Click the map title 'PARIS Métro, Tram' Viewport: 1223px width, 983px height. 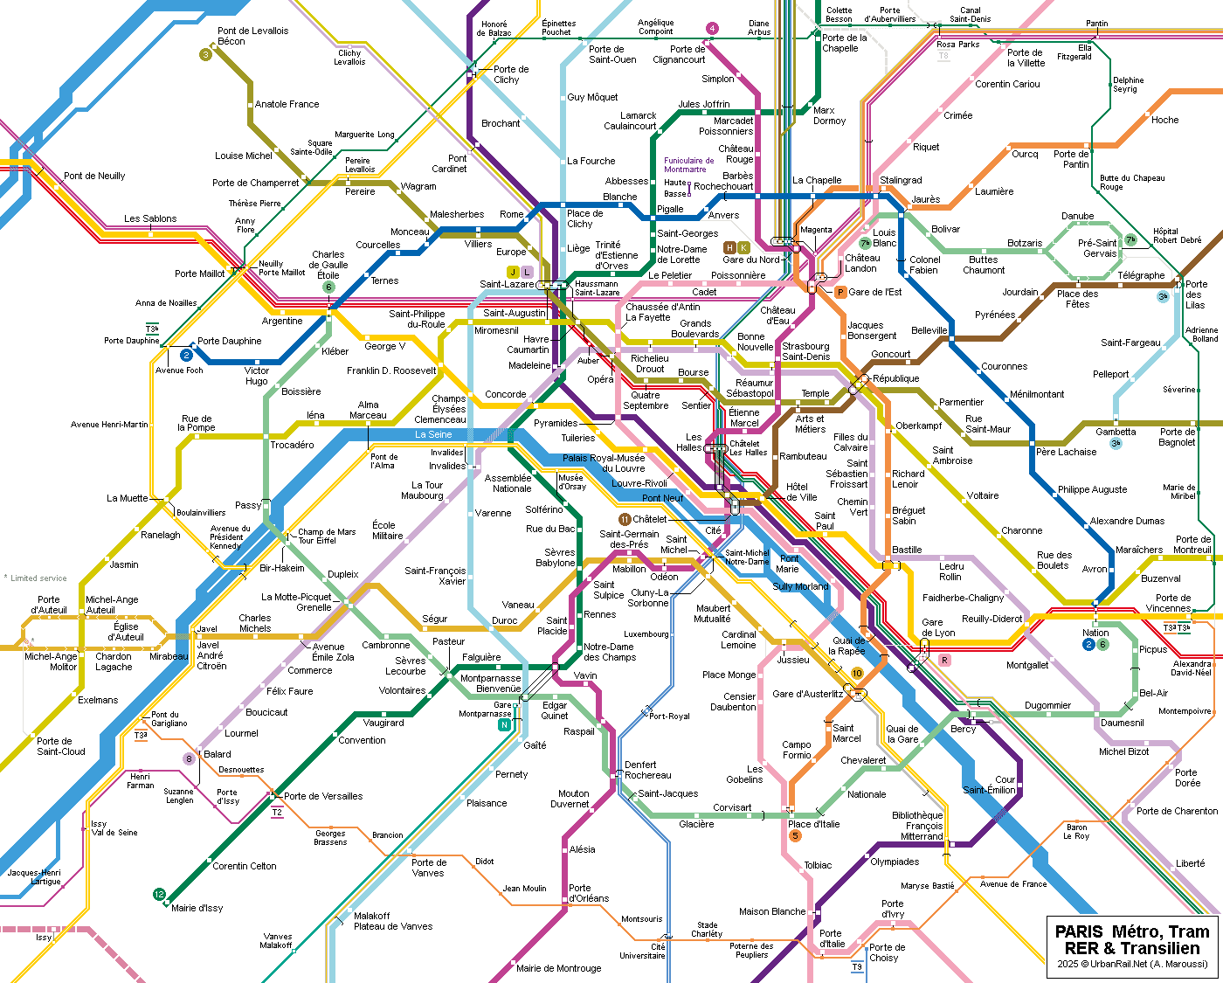[1132, 931]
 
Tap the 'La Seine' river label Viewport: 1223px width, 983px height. [433, 434]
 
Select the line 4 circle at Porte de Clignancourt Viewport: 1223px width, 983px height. [712, 28]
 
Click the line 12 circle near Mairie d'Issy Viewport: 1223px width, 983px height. [159, 895]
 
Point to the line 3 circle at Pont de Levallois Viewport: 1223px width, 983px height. [206, 54]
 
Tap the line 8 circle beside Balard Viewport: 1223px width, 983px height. [189, 758]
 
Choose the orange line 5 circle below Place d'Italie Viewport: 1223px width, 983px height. [795, 835]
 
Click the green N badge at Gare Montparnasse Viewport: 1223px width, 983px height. [504, 725]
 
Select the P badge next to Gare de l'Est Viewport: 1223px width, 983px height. [840, 292]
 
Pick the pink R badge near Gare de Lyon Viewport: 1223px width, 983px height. [944, 661]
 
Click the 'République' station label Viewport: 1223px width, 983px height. [896, 378]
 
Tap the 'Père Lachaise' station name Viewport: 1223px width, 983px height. [1066, 452]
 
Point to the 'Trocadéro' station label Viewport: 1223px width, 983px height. [292, 445]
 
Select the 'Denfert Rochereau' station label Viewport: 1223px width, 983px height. [647, 770]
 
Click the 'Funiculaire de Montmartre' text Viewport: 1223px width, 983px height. [689, 164]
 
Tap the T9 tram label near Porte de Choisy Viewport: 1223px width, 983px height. [857, 966]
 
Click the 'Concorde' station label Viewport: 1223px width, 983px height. [505, 394]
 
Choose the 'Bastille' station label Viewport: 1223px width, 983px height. [907, 550]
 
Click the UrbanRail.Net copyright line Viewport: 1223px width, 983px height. [1132, 964]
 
